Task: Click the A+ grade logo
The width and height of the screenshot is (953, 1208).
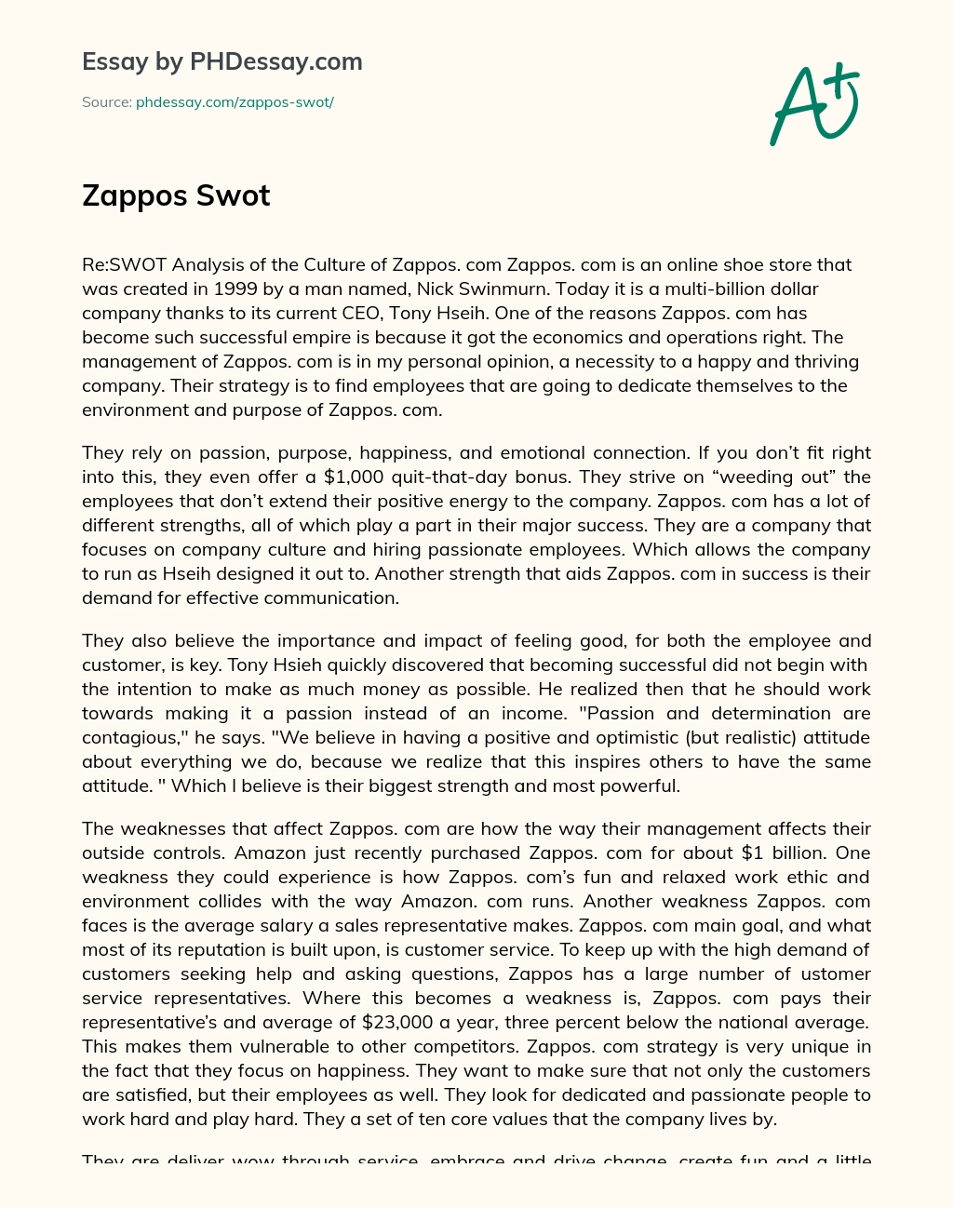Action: (814, 105)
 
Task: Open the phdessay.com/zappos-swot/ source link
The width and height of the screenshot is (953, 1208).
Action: (235, 102)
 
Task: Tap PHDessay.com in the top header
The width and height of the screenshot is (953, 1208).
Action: (275, 61)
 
